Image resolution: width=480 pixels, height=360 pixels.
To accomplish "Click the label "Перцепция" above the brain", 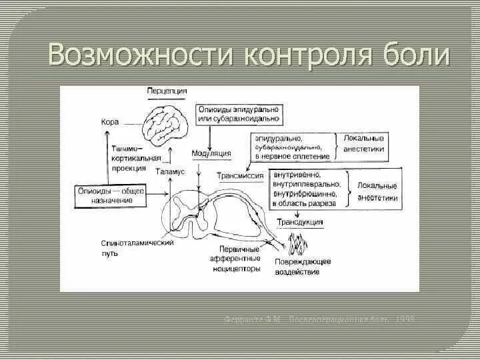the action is (167, 91).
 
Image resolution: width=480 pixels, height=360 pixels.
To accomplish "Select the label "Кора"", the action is (109, 123).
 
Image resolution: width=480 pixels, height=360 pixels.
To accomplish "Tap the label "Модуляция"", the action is (211, 153).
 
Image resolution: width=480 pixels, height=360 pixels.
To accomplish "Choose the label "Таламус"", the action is (170, 171).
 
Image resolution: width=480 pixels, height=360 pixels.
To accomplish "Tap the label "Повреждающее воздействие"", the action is (299, 267).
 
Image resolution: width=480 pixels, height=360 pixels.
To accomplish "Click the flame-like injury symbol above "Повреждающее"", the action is (297, 246).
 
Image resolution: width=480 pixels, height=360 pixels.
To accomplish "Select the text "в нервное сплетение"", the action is (291, 157).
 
